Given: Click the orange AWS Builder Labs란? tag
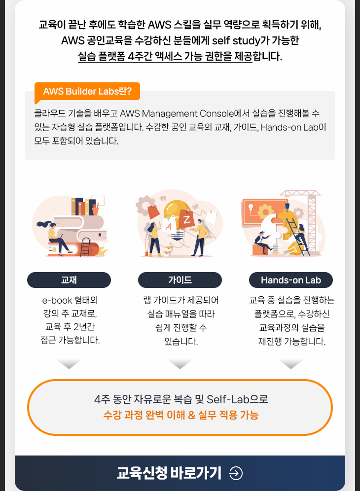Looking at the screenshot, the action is [87, 91].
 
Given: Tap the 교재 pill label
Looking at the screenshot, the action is [69, 280].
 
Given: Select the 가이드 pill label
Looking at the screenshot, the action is [180, 280].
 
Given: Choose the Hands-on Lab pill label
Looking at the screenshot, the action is [291, 280].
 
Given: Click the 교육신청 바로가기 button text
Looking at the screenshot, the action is [169, 473].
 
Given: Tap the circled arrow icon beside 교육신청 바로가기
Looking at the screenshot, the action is [236, 473].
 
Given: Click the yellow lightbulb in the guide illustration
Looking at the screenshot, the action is [178, 219].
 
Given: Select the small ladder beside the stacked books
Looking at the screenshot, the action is [85, 247].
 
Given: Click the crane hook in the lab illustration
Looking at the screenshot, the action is [287, 207].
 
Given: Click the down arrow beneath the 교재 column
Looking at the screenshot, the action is [69, 364].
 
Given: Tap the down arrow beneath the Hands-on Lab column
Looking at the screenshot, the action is [291, 364].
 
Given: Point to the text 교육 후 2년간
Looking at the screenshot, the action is [70, 327].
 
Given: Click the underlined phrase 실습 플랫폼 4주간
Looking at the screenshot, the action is [115, 56].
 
